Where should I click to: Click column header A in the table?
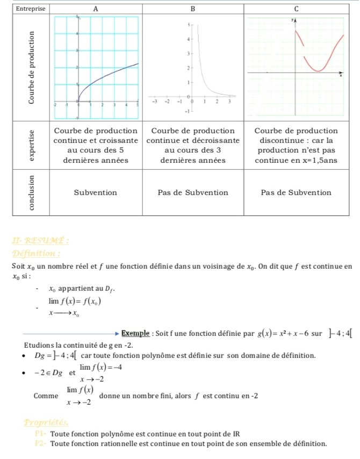pyautogui.click(x=96, y=9)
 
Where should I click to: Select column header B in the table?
pyautogui.click(x=193, y=9)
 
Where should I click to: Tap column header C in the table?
pyautogui.click(x=296, y=9)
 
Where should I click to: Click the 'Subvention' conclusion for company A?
pyautogui.click(x=96, y=192)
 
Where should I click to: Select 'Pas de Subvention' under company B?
pyautogui.click(x=193, y=192)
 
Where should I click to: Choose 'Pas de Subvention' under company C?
pyautogui.click(x=296, y=192)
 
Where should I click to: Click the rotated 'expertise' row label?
pyautogui.click(x=34, y=145)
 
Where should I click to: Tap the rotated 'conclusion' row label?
pyautogui.click(x=34, y=192)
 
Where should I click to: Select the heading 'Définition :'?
pyautogui.click(x=35, y=253)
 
